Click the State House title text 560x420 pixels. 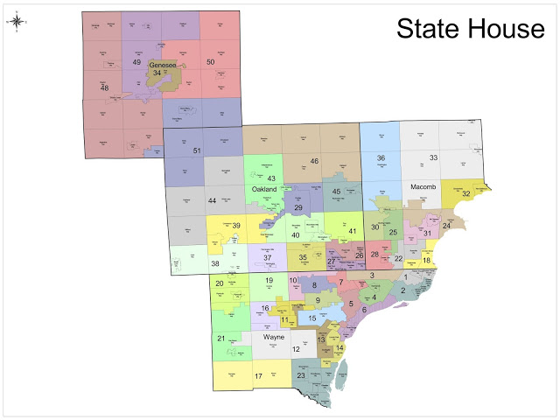coord(470,29)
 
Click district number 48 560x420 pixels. coord(105,88)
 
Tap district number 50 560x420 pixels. coord(210,62)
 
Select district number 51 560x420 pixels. coord(197,151)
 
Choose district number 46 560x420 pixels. coord(313,161)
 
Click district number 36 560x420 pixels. coord(381,158)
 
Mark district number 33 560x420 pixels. coord(432,157)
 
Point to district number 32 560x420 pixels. coord(466,193)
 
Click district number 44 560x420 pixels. coord(212,201)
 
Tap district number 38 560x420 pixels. coord(215,263)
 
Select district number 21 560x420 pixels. coord(220,338)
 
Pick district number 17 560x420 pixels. coord(258,376)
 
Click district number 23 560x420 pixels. coord(301,376)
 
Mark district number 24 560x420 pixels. coord(446,226)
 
